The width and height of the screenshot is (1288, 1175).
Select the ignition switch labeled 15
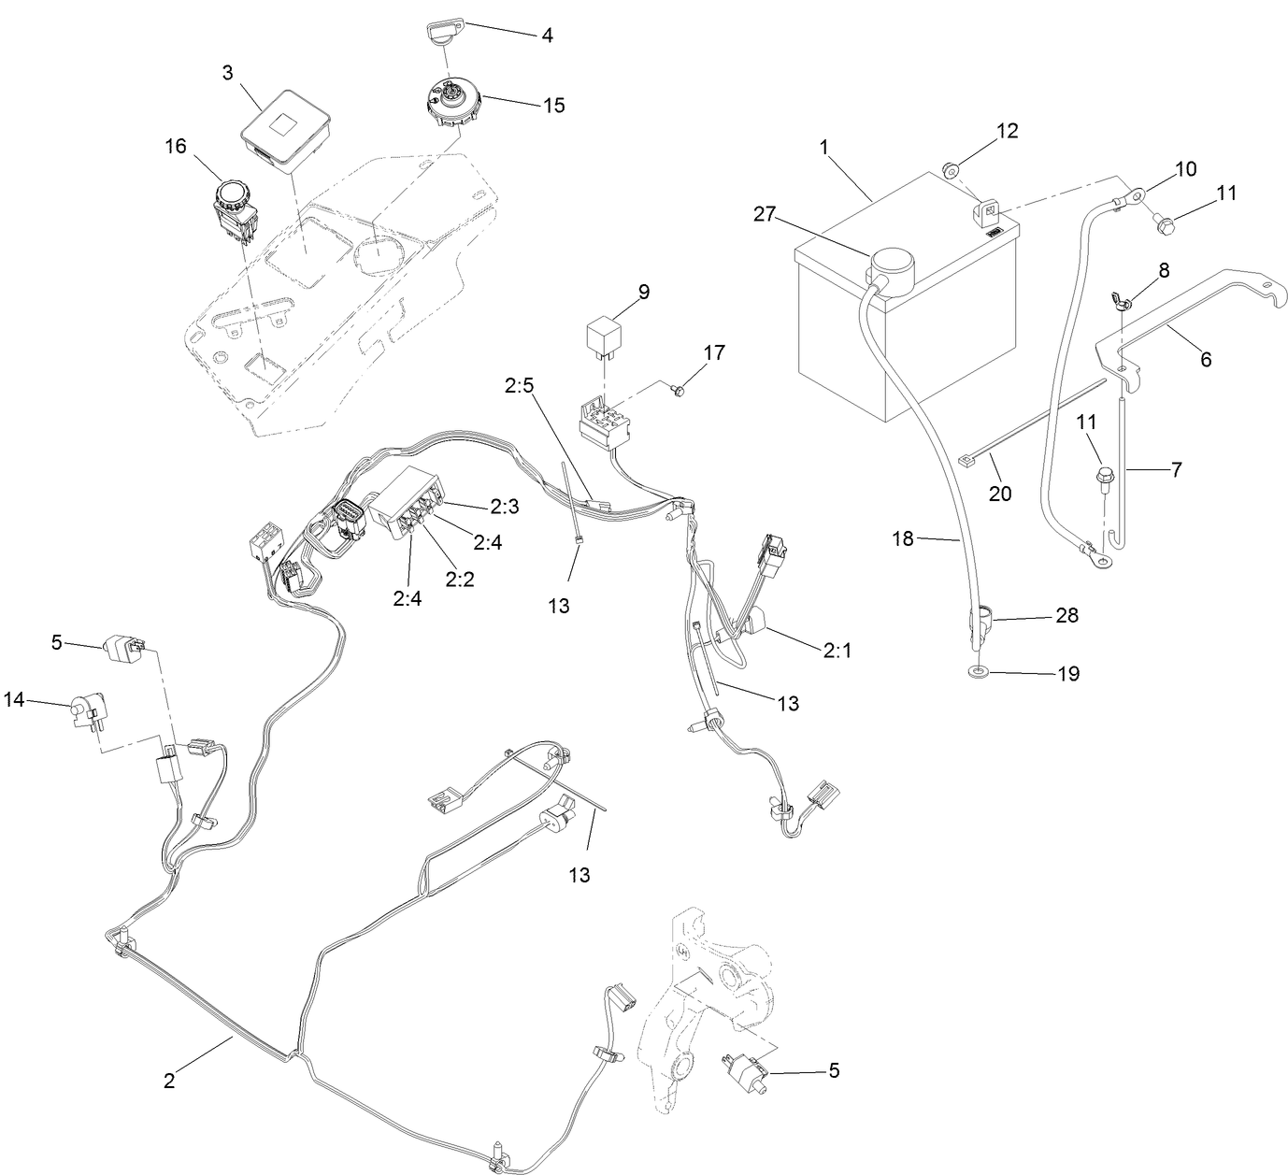[451, 100]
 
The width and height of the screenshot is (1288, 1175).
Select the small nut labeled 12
[950, 170]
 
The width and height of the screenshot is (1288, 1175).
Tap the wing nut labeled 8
[1120, 300]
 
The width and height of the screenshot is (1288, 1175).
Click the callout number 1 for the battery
[823, 147]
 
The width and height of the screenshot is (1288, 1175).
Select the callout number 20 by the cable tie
[1000, 493]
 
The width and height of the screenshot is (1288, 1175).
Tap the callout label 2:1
[837, 651]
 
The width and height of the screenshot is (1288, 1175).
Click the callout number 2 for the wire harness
[169, 1080]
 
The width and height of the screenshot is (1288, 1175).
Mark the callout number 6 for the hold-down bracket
[1206, 359]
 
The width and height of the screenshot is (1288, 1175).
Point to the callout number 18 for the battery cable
[903, 538]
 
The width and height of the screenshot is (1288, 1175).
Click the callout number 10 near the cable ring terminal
[1185, 169]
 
